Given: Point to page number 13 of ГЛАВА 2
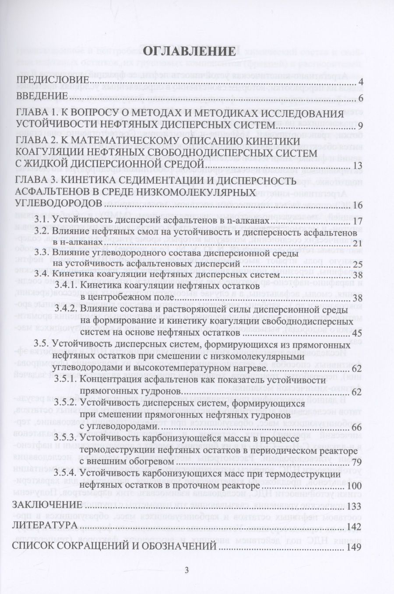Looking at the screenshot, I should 357,166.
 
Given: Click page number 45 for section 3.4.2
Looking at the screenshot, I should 357,333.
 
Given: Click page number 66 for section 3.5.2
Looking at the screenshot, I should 357,427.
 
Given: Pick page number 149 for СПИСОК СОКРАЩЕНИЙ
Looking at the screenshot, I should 354,546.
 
